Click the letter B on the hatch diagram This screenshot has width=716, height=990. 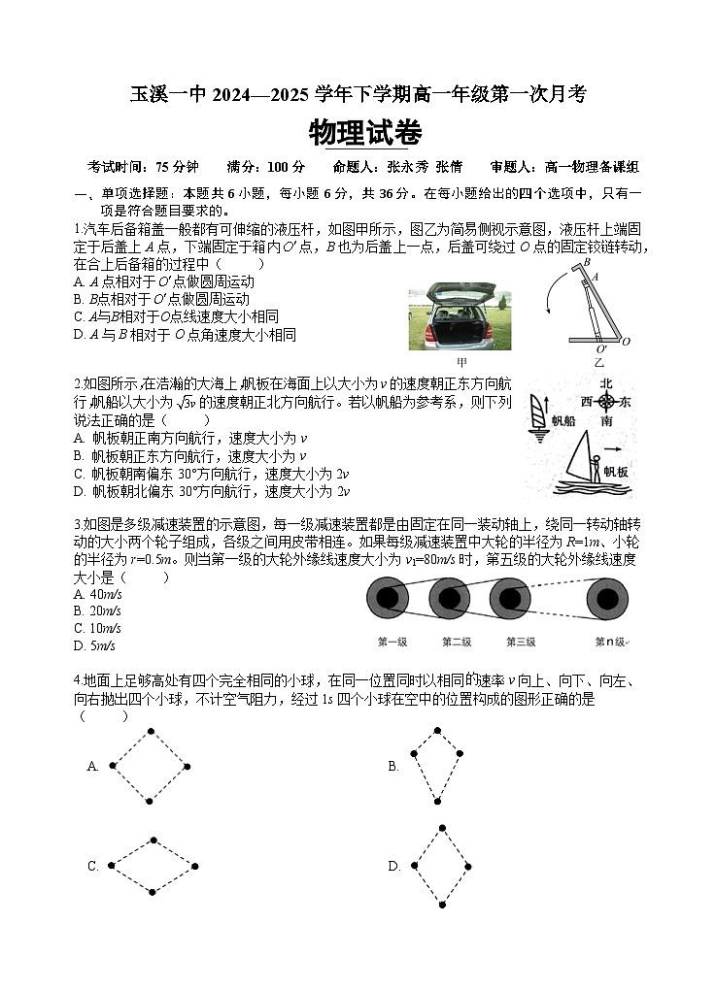(x=586, y=263)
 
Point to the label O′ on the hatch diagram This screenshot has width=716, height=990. (x=601, y=347)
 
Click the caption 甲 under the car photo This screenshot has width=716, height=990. (x=461, y=361)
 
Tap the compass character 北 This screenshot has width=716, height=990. (x=605, y=383)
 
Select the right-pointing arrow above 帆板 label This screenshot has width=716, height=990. (x=612, y=450)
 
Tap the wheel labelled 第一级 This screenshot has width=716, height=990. (x=389, y=598)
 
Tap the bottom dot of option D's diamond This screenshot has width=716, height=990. (x=442, y=905)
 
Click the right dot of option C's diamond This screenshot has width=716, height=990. (x=195, y=866)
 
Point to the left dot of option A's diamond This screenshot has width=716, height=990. (x=113, y=766)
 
